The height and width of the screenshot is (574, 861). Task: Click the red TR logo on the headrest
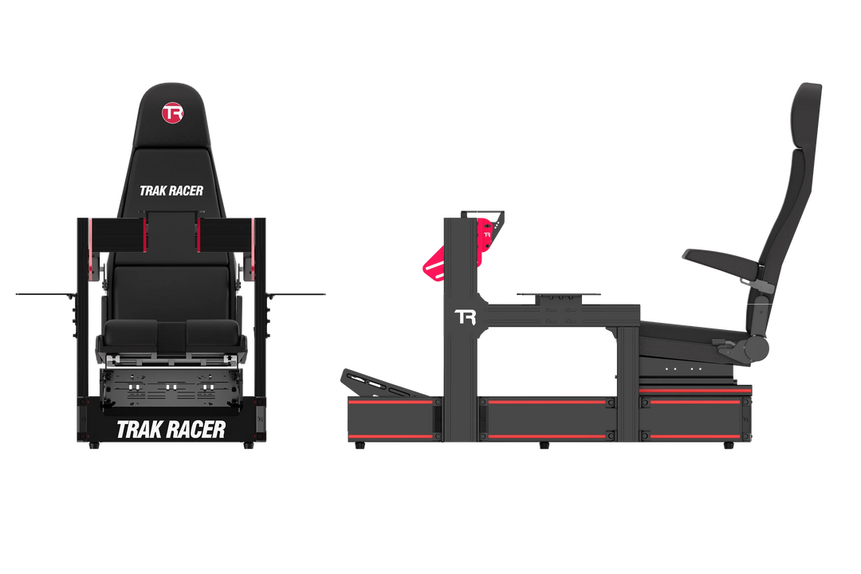pos(172,112)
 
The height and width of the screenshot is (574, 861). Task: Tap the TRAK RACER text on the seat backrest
pos(171,191)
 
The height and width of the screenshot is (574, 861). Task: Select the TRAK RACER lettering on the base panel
pos(171,429)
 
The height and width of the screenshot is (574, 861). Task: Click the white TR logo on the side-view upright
pos(464,317)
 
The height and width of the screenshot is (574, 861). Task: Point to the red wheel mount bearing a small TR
pos(486,236)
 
